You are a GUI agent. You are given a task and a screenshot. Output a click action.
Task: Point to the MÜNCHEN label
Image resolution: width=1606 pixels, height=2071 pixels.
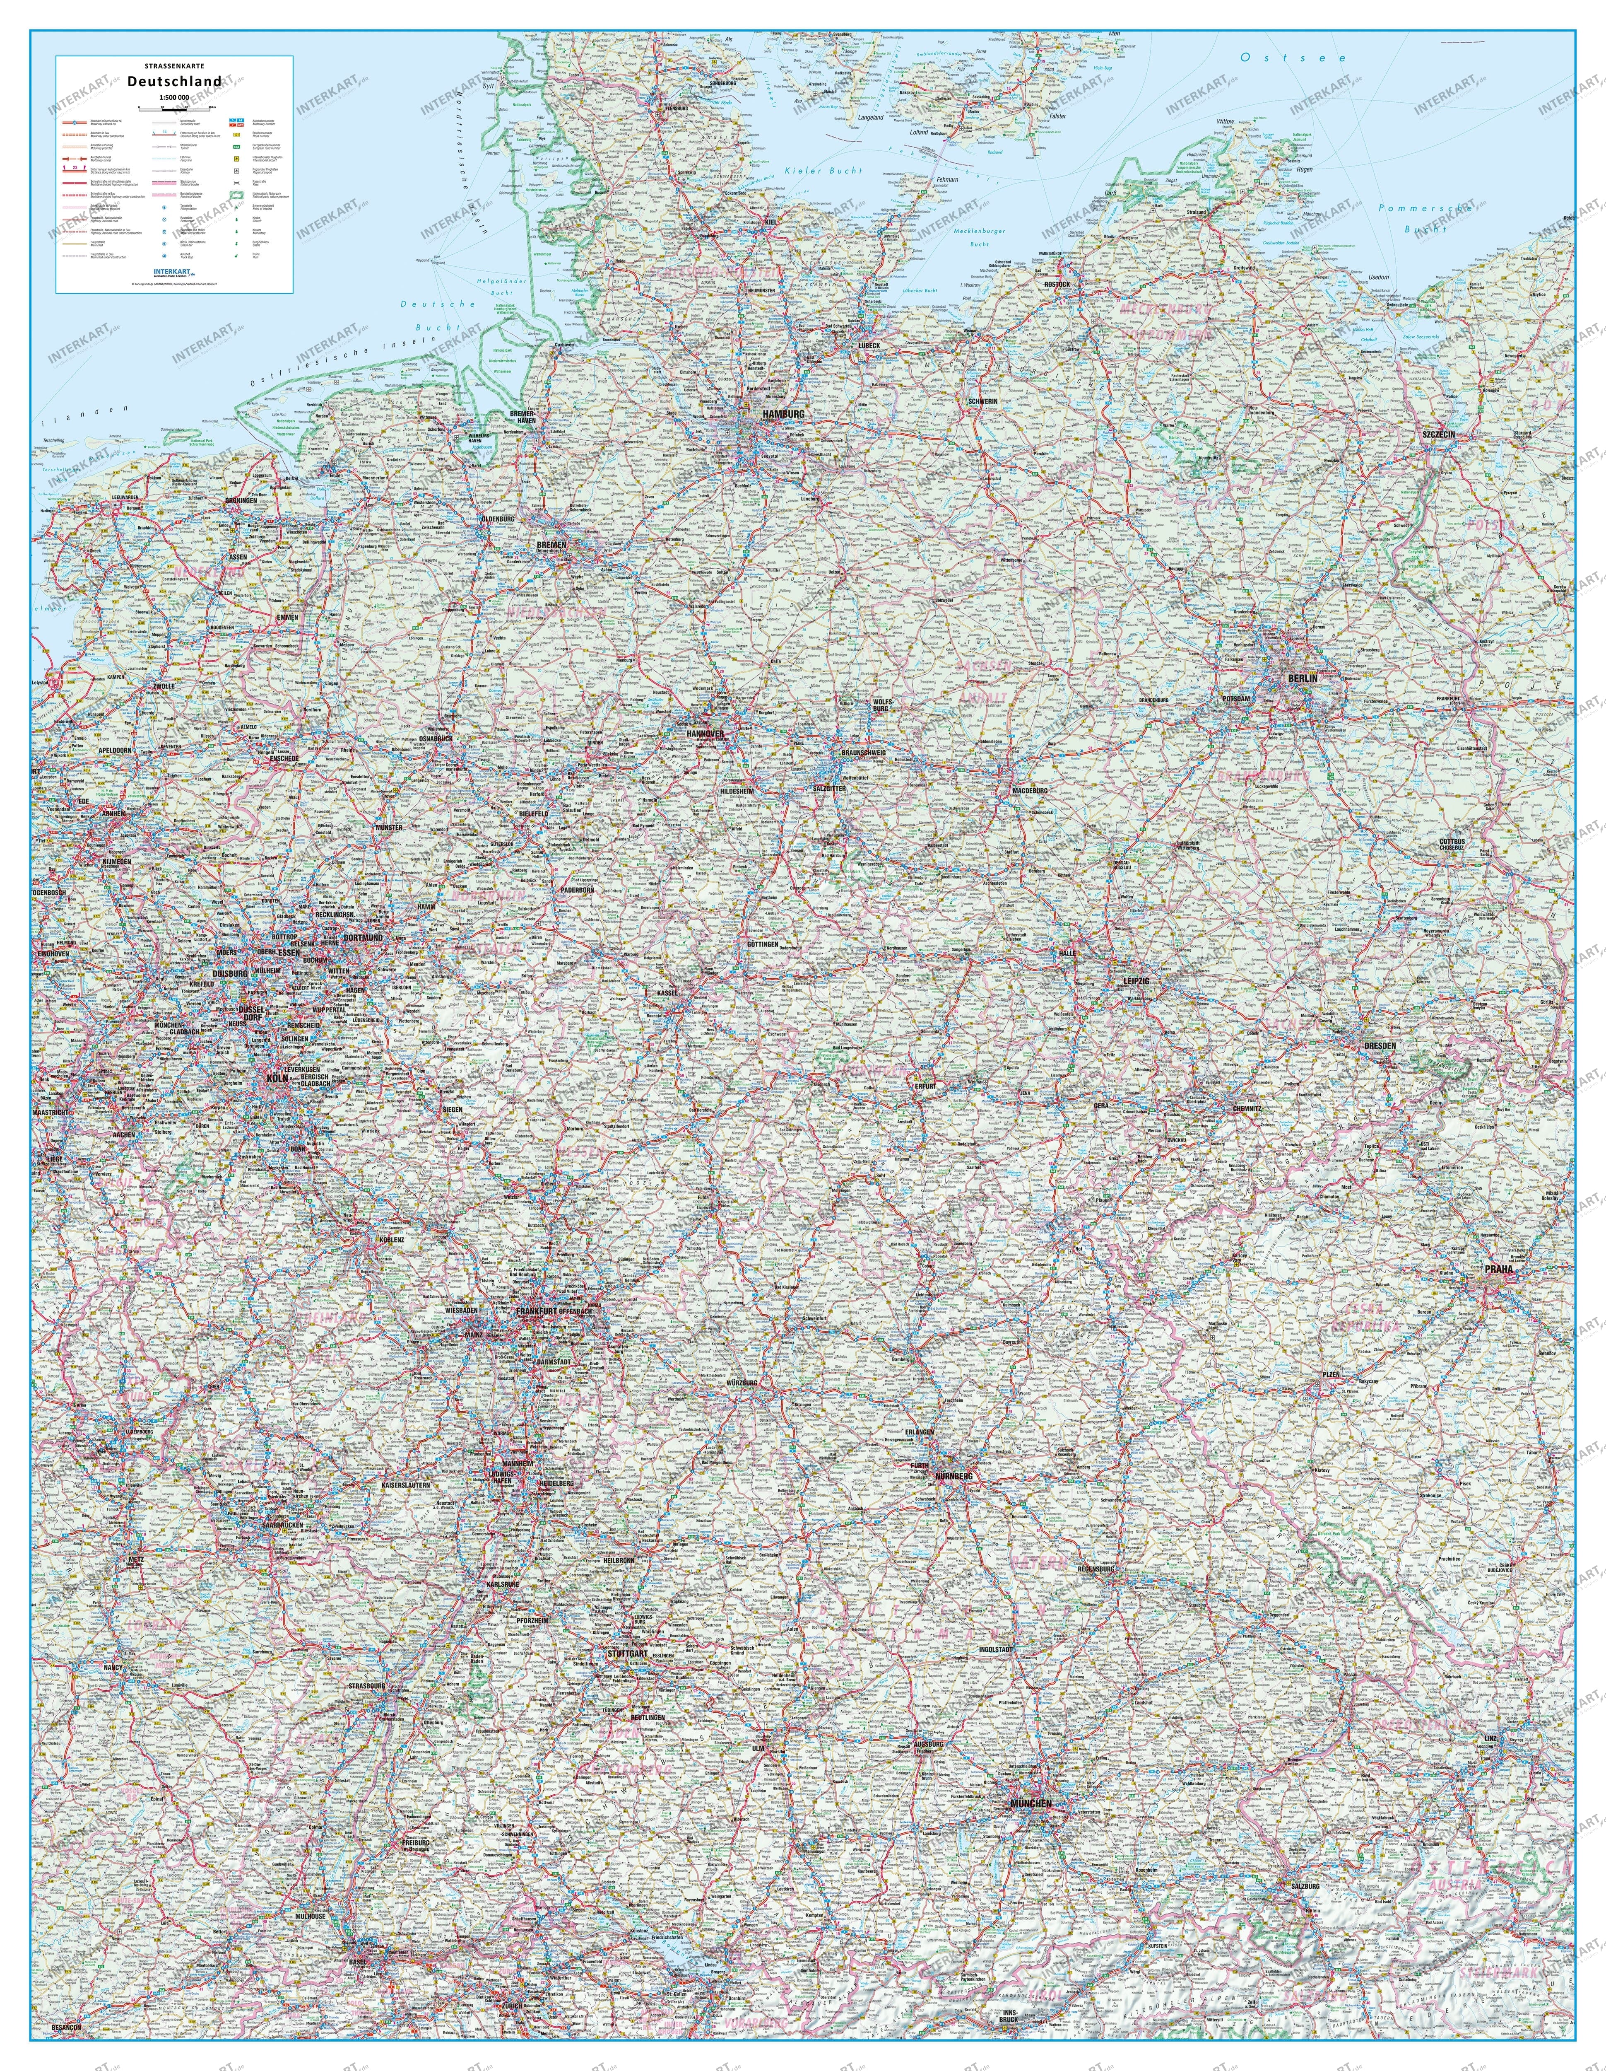[1031, 1803]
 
